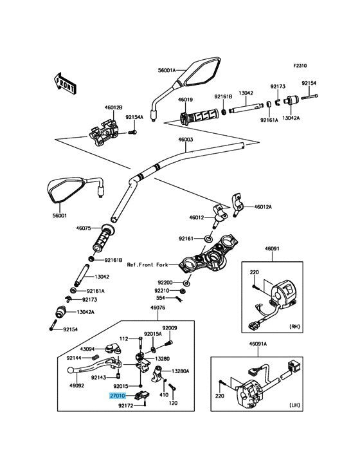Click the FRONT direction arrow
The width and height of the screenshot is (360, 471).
(x=65, y=82)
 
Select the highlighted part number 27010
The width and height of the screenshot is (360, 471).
(x=117, y=396)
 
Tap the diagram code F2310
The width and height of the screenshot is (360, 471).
(x=300, y=65)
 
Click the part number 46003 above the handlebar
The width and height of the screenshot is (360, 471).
(x=185, y=140)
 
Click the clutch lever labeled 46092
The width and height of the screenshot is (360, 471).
(x=93, y=364)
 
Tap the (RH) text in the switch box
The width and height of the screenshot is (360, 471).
(x=294, y=326)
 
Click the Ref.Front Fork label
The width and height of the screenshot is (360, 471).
(x=147, y=264)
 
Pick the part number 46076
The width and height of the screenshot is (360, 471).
(x=157, y=308)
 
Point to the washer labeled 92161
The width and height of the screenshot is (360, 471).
(x=208, y=239)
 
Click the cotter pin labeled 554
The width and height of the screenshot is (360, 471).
(x=180, y=299)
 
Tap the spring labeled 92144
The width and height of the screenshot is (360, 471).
(x=94, y=358)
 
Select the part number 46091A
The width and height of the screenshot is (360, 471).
(x=258, y=344)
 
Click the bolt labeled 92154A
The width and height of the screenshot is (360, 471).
(x=132, y=132)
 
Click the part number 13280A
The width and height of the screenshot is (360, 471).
(x=180, y=371)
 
